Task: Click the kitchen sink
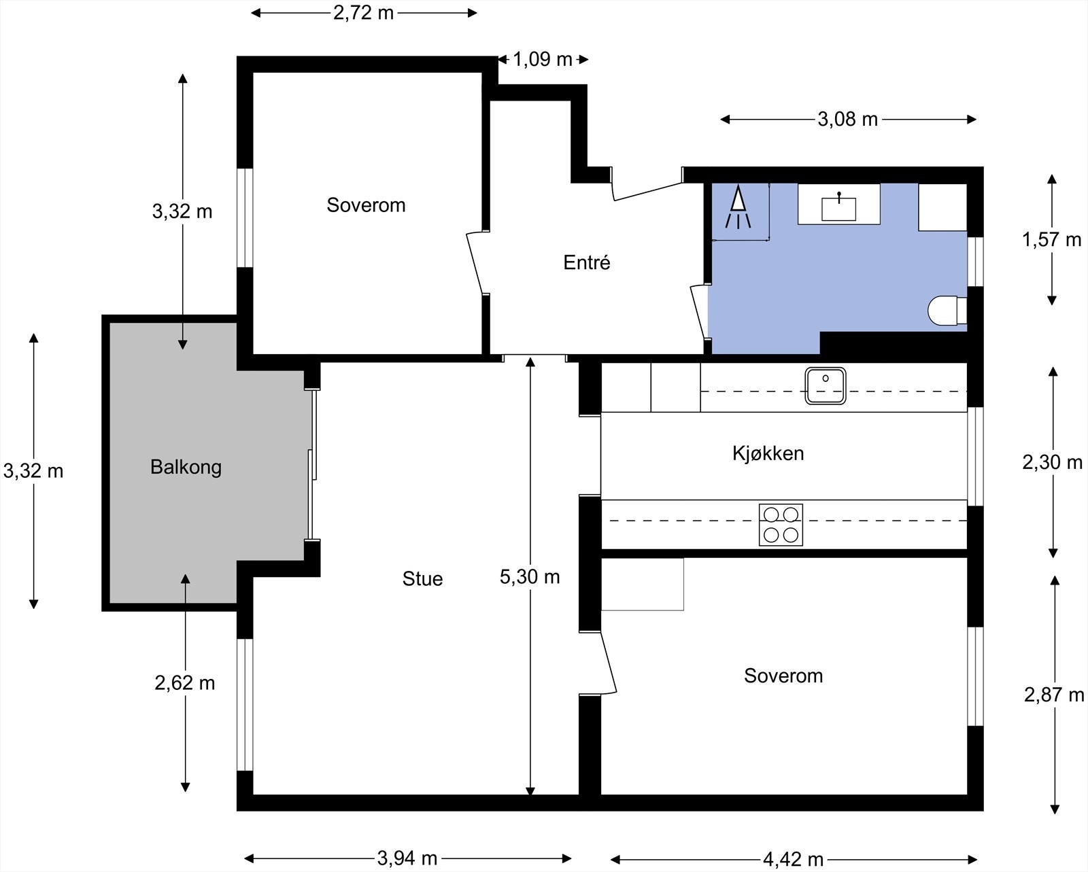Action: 825,385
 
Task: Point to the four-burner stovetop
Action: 781,524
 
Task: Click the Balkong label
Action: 186,468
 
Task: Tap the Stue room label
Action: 422,579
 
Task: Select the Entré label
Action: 586,262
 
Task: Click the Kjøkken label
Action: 768,453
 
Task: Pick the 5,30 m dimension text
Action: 530,577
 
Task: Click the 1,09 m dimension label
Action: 542,60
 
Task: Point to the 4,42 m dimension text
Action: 793,860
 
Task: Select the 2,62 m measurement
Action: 185,683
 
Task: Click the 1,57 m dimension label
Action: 1051,239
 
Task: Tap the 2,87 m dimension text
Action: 1054,695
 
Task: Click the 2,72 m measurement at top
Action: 363,13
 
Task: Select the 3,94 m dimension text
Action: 407,858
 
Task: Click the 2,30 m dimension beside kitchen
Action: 1052,462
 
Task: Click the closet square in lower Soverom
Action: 642,585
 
